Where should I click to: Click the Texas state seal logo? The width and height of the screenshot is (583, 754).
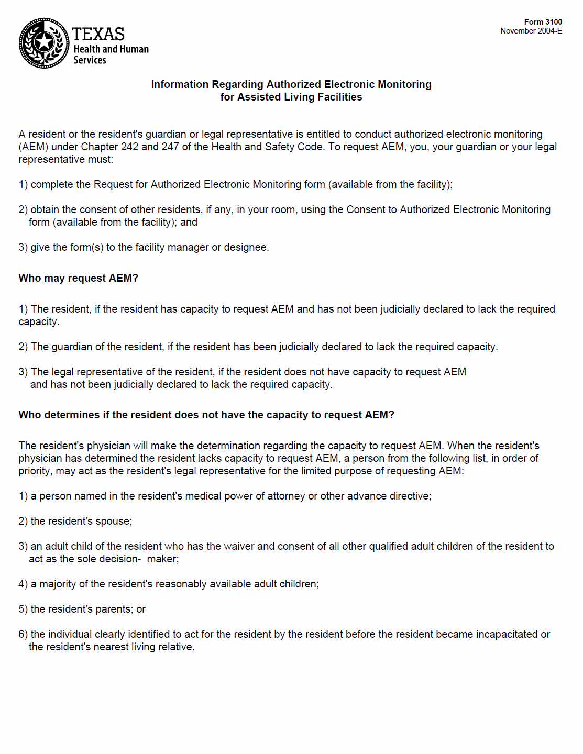(44, 43)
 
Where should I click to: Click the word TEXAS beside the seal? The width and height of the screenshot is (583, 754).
(98, 35)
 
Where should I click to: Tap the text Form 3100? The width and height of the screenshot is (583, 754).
(543, 22)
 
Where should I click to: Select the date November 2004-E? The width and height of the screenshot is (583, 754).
(531, 31)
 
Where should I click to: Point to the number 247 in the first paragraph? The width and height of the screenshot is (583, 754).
(170, 147)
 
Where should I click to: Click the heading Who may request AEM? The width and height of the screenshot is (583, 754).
(78, 278)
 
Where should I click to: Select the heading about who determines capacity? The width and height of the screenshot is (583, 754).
(206, 415)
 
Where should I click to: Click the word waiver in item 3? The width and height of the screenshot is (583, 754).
(239, 547)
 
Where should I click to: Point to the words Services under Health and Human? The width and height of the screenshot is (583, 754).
(90, 60)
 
